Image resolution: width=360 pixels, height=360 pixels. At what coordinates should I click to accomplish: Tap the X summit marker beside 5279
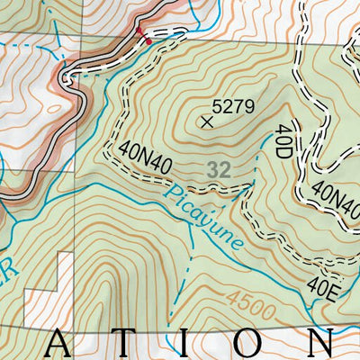point(209,120)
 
